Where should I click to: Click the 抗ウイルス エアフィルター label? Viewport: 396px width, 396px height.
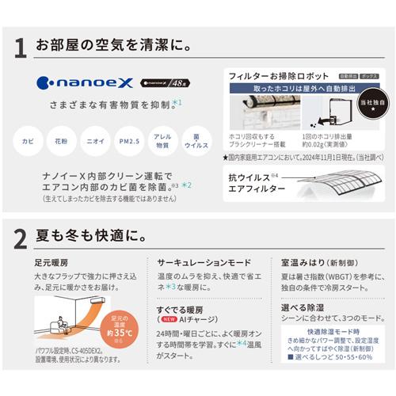pos(257,182)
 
